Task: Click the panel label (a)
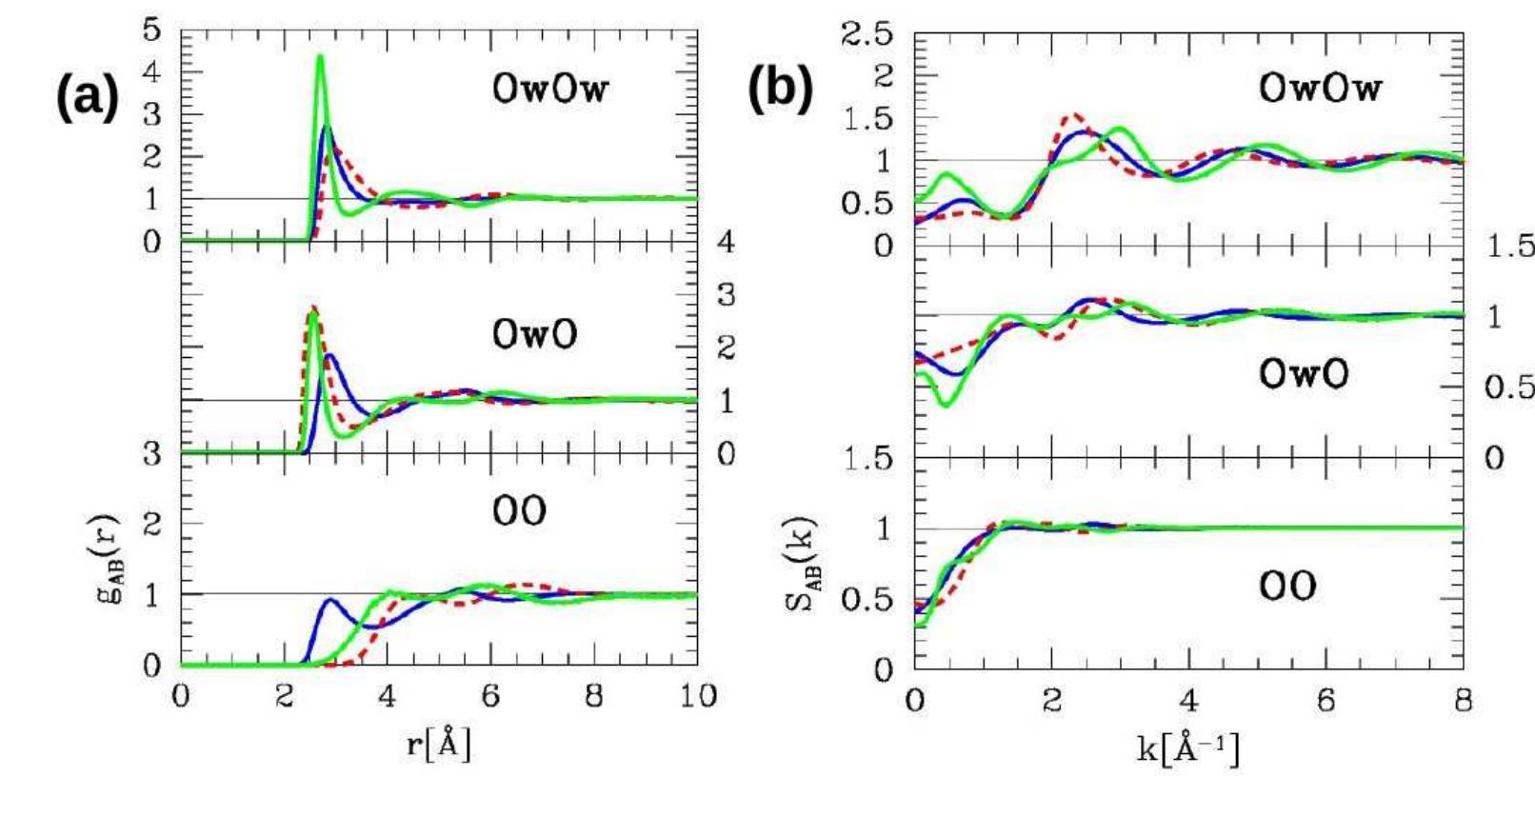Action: (x=87, y=96)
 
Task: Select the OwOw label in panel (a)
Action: (x=550, y=89)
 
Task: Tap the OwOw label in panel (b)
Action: (x=1319, y=88)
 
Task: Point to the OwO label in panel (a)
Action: (x=534, y=334)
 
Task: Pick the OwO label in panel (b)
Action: (x=1304, y=373)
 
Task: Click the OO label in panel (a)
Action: (x=519, y=511)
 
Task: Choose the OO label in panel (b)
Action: (x=1287, y=586)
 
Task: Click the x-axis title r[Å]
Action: (x=439, y=744)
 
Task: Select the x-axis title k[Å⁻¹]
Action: (x=1188, y=748)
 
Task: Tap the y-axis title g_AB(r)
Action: (x=111, y=560)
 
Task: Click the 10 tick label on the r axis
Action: (x=698, y=696)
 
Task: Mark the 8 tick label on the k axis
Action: (x=1464, y=702)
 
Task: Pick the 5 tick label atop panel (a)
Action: (x=152, y=30)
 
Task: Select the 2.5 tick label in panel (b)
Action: (x=867, y=35)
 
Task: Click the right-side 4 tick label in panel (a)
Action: (x=726, y=242)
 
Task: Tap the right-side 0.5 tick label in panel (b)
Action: (x=1508, y=387)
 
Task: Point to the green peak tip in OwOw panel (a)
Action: (x=320, y=56)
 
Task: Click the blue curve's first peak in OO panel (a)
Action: (x=330, y=600)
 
